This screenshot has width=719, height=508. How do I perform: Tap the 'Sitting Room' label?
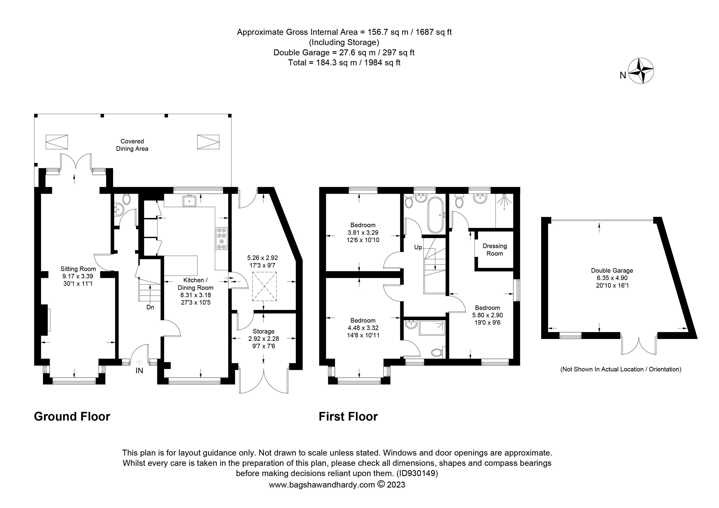click(x=78, y=269)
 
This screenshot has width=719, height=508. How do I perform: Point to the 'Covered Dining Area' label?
click(x=132, y=145)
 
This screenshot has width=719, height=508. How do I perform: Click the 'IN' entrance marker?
click(x=139, y=371)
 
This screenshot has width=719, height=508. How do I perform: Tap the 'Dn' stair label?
click(x=150, y=307)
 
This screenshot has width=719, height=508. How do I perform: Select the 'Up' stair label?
click(x=418, y=247)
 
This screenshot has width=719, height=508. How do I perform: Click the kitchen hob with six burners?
click(x=222, y=238)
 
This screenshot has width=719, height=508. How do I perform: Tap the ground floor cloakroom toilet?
click(x=126, y=199)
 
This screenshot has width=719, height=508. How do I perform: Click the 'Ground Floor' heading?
click(x=72, y=417)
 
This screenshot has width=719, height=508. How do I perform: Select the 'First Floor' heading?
click(x=348, y=417)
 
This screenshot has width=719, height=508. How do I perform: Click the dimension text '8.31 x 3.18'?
click(x=195, y=295)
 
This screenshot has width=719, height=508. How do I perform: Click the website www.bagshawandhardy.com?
click(x=322, y=485)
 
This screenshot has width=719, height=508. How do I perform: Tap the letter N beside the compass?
click(x=623, y=75)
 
